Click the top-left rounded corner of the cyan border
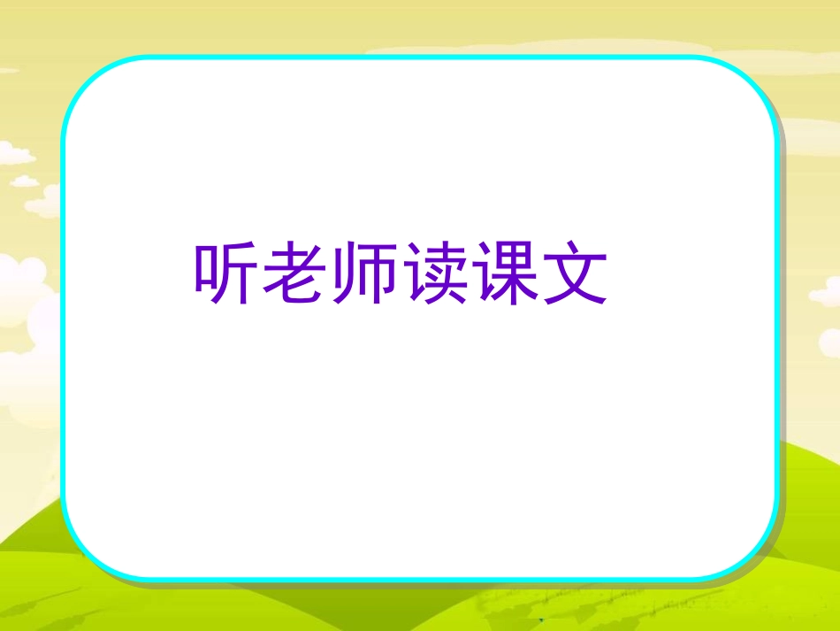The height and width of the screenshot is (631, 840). [x=81, y=80]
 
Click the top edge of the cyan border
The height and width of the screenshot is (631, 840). [x=420, y=58]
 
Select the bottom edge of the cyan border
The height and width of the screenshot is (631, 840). [x=420, y=580]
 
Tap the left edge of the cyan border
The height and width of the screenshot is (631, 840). [x=62, y=319]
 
